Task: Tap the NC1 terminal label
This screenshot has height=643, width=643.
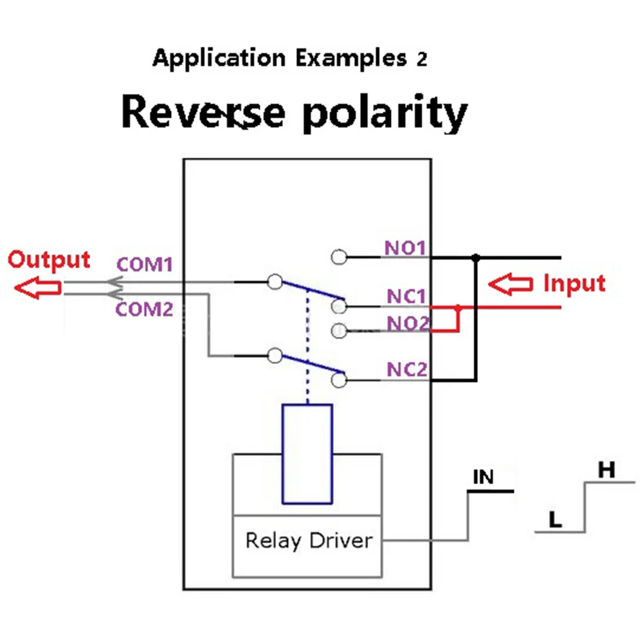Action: click(406, 296)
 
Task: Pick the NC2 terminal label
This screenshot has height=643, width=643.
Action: click(407, 370)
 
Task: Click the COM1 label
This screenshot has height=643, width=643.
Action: click(145, 264)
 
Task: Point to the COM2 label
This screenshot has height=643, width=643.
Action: click(145, 309)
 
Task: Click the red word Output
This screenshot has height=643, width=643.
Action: click(49, 260)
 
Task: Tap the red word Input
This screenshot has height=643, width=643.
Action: click(574, 283)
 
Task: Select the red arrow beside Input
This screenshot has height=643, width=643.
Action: click(511, 284)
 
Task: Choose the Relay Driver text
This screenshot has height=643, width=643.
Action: click(309, 540)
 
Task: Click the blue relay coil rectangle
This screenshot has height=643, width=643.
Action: click(307, 453)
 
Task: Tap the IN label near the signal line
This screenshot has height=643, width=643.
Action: click(484, 477)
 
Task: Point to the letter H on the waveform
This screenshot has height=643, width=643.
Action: click(606, 470)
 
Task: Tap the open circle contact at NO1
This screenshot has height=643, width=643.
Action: click(339, 257)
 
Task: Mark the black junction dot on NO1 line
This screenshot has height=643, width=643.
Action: click(476, 258)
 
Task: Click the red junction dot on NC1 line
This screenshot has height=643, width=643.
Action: click(458, 308)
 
